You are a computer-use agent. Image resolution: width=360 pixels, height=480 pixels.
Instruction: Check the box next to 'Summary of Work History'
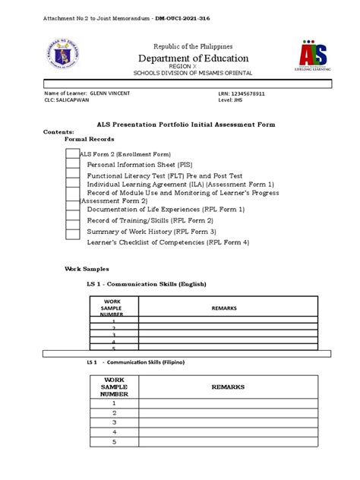(72, 231)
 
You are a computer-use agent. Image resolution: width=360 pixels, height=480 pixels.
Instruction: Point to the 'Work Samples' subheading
(87, 269)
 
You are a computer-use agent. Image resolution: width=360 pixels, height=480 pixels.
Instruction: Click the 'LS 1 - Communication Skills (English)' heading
(147, 283)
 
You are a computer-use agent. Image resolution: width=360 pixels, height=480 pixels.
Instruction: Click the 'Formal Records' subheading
(90, 140)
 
